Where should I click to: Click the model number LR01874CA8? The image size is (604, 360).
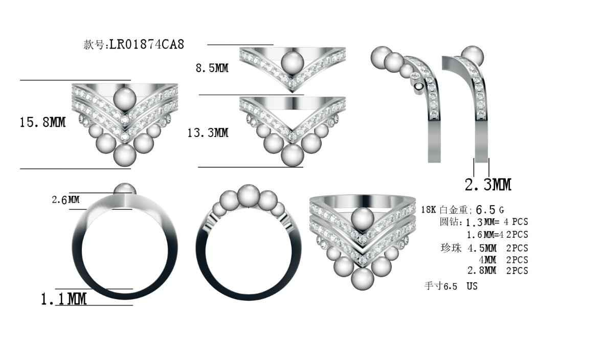tap(147, 44)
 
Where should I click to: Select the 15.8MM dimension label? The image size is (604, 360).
tap(43, 122)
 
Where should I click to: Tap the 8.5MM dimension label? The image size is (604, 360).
tap(212, 68)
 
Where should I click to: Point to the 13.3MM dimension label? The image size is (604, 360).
tap(208, 133)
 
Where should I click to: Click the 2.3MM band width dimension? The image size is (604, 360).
tap(488, 185)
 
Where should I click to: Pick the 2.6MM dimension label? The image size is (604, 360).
tap(65, 200)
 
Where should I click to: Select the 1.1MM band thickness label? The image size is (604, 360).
tap(64, 299)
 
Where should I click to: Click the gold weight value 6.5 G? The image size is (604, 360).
tap(490, 210)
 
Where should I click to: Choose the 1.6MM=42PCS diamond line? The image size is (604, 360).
tap(497, 235)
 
